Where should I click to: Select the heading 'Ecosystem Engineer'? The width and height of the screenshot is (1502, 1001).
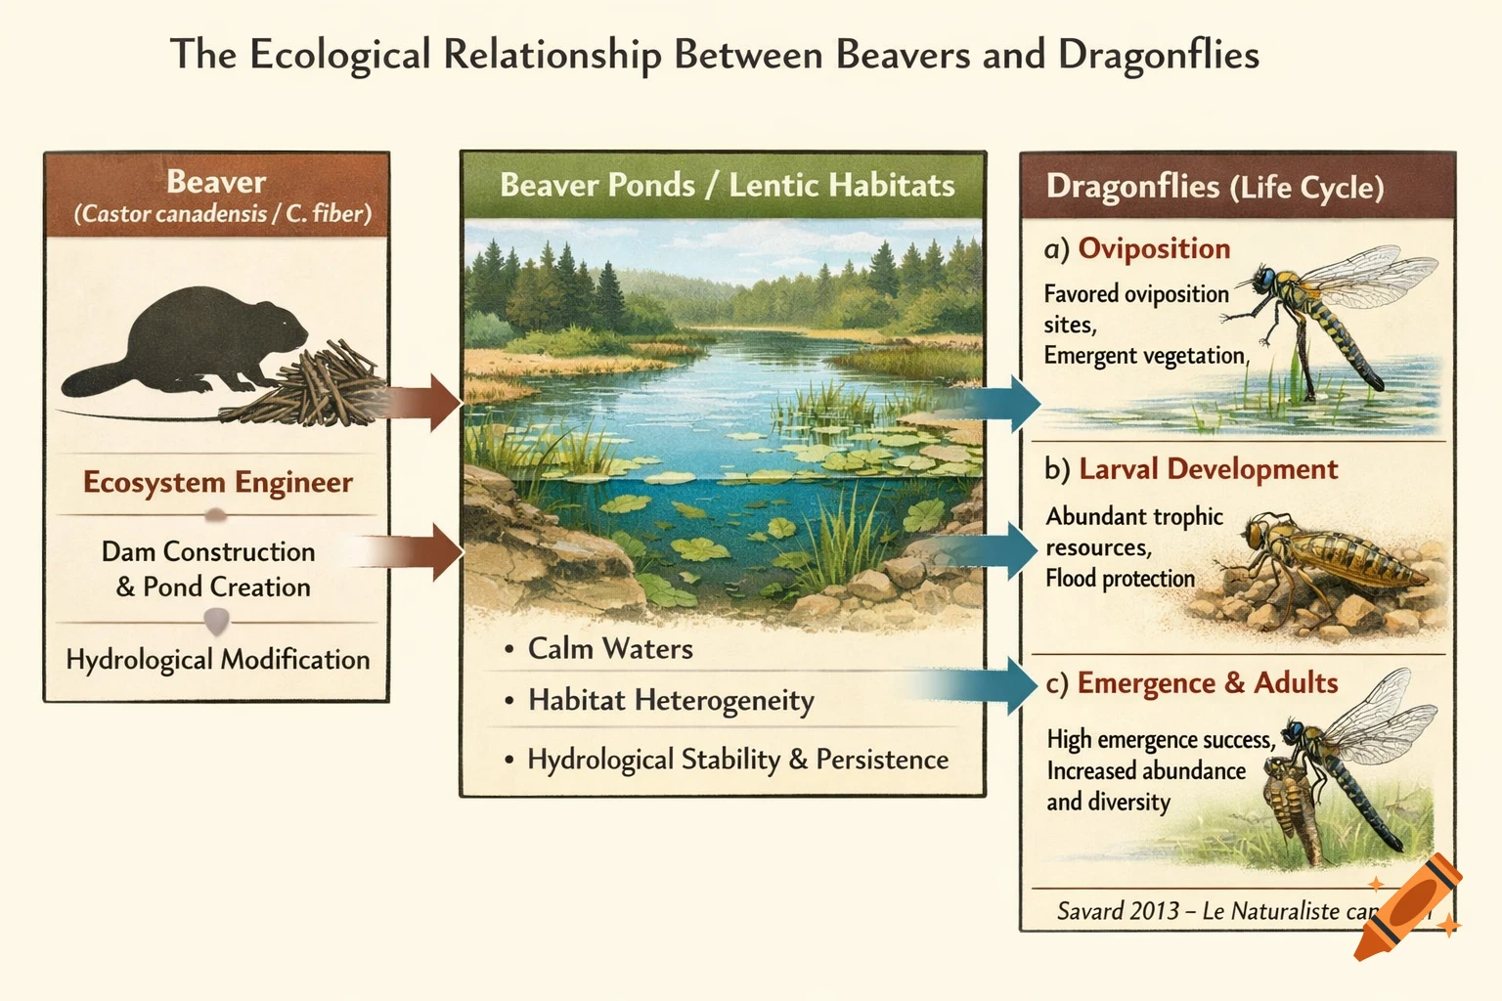(x=217, y=483)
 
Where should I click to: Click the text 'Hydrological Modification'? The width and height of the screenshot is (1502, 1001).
(x=217, y=660)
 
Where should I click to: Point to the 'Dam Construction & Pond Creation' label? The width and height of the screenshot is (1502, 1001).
(x=209, y=569)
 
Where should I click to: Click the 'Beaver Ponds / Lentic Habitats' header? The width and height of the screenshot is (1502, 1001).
(x=727, y=186)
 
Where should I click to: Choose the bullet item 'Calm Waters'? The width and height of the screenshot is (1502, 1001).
(x=610, y=649)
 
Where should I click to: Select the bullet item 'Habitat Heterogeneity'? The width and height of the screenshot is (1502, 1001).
(x=671, y=701)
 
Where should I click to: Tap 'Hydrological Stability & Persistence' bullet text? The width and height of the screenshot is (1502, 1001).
(x=737, y=760)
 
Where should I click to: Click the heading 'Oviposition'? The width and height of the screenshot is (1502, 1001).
(x=1154, y=249)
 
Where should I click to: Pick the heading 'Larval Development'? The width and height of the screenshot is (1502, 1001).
(x=1208, y=469)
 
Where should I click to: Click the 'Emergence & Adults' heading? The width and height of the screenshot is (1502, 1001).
(x=1207, y=683)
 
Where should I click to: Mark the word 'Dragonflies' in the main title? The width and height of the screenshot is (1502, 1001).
(x=1158, y=55)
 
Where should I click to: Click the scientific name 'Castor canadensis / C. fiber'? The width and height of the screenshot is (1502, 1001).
(x=223, y=214)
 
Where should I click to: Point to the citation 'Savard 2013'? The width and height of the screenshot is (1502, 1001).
(x=1118, y=911)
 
